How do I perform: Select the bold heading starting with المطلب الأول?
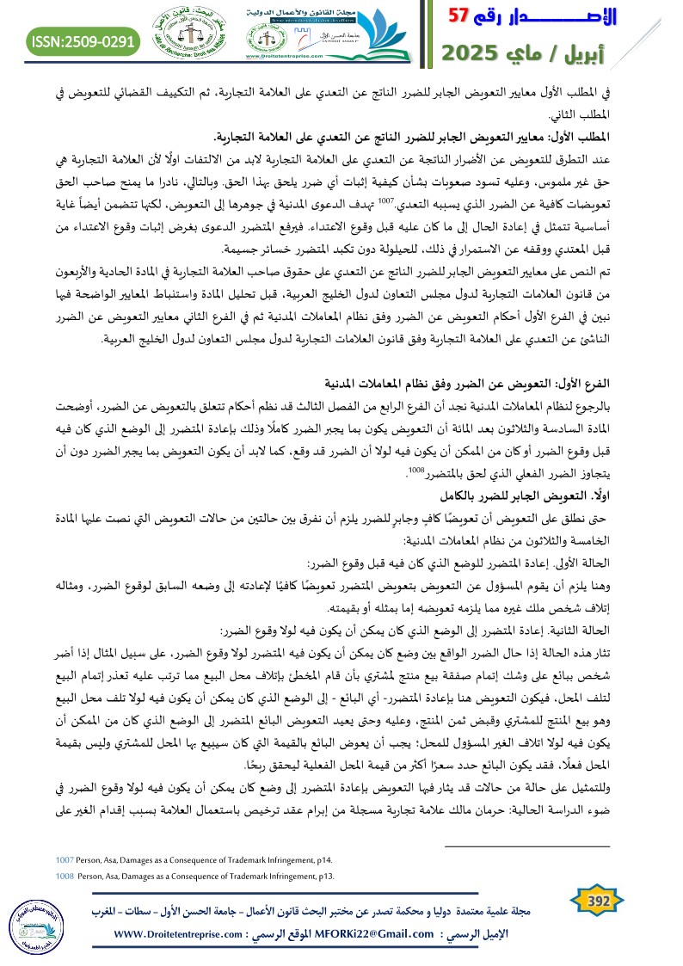tap(443, 138)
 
